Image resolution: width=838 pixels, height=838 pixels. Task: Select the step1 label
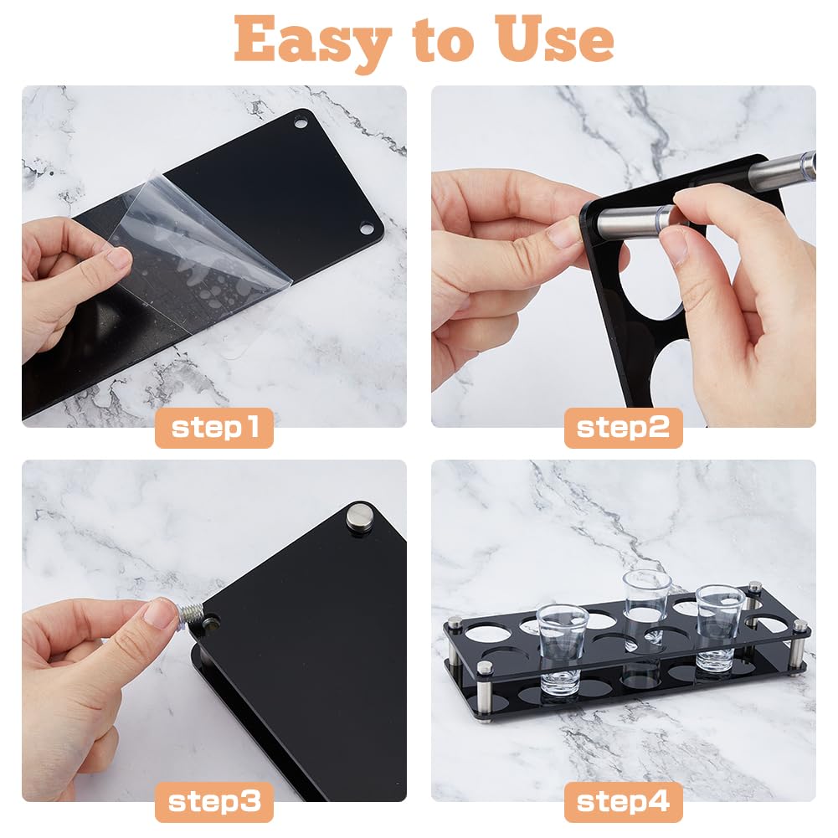214,428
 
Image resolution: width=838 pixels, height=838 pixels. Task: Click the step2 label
623,428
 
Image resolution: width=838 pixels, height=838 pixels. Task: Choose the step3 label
214,802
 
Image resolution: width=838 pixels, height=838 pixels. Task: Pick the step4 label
623,802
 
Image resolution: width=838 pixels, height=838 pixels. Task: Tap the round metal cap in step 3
360,517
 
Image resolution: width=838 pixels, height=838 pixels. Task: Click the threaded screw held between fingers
190,614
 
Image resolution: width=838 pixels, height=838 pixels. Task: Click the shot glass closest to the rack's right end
719,630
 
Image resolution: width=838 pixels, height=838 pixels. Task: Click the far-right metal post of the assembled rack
799,646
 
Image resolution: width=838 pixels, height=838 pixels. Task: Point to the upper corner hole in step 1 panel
301,123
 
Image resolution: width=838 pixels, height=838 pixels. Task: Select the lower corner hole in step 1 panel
367,229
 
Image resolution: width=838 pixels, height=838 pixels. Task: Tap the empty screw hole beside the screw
211,622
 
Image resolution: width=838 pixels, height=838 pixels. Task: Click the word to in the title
443,42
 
